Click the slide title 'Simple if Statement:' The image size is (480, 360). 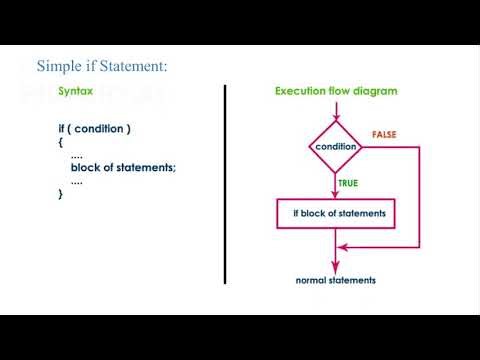[101, 66]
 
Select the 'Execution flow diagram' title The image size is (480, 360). [336, 91]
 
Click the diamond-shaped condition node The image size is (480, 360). [336, 148]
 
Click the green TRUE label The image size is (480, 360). [349, 183]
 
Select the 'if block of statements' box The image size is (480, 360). [338, 214]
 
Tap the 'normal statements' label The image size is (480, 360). [336, 280]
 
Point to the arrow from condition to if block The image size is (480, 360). [336, 185]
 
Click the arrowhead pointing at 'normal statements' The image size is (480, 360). [336, 265]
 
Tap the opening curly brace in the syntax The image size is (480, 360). [61, 142]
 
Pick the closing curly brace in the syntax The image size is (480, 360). [61, 194]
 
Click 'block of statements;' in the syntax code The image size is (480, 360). [123, 167]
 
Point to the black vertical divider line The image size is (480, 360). [225, 185]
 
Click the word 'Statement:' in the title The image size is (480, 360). [135, 66]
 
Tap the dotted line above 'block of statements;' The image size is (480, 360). [77, 156]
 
